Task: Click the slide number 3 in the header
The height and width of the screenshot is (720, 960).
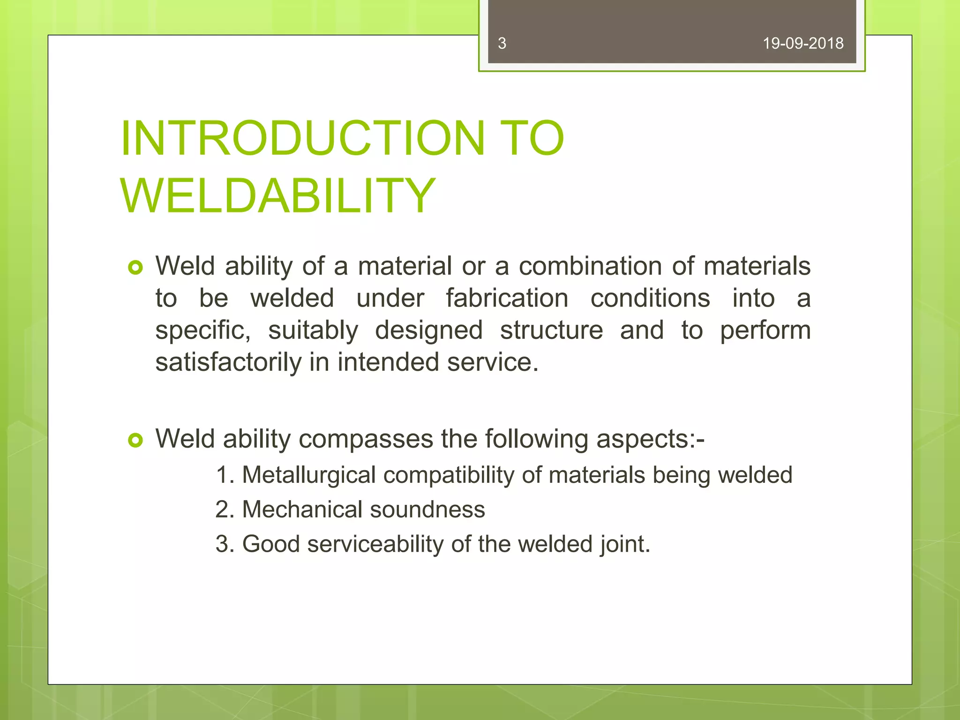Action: (x=502, y=44)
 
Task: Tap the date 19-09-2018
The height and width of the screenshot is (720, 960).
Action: (x=802, y=44)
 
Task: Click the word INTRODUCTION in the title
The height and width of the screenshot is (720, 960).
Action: (x=302, y=138)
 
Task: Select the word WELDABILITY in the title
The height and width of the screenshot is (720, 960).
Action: (x=278, y=195)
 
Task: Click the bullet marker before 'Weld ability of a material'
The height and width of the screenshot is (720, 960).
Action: (x=135, y=268)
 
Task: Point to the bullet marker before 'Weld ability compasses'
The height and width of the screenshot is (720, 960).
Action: (x=135, y=440)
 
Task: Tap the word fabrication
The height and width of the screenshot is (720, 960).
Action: (x=507, y=298)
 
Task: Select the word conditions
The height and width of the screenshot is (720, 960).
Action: (x=650, y=298)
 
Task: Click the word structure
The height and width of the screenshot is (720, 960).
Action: (x=551, y=330)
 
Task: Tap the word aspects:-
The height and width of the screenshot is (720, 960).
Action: (x=650, y=439)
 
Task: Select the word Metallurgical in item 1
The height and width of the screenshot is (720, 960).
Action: (x=308, y=475)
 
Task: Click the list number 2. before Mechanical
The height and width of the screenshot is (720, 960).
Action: (x=225, y=510)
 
